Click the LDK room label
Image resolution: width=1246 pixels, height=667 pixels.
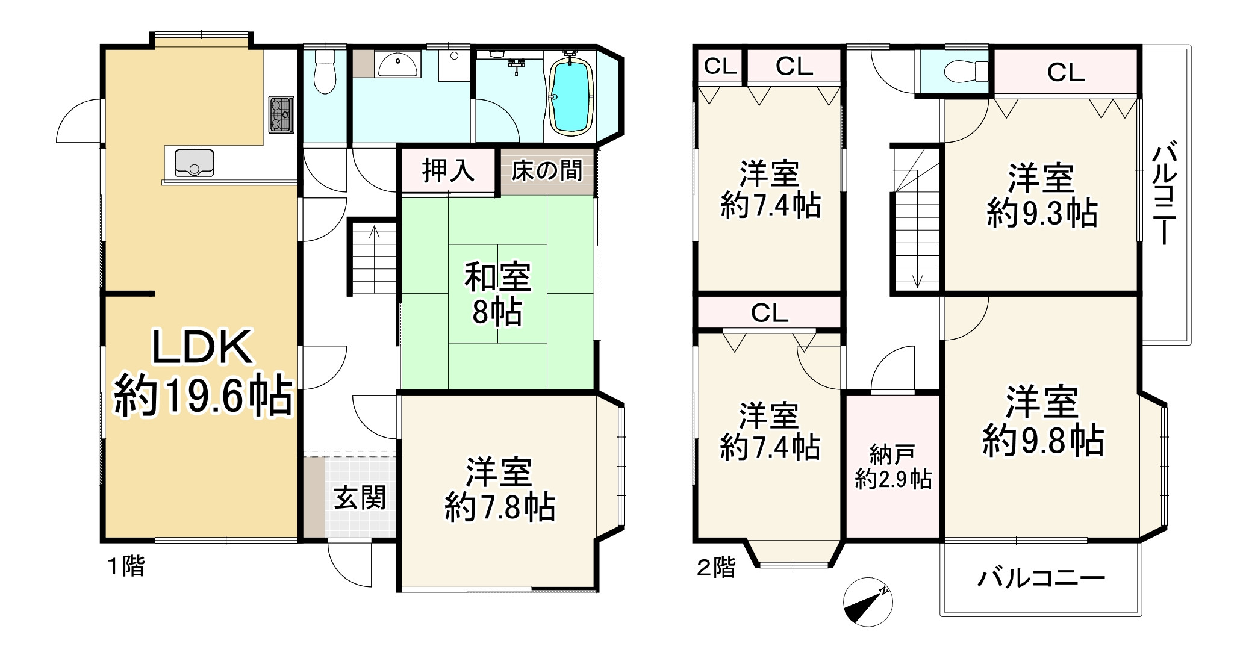[x=201, y=348]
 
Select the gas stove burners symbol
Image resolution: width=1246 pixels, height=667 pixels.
[x=281, y=114]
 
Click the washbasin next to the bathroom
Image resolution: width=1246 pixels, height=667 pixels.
[x=397, y=64]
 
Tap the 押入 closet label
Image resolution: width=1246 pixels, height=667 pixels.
[x=448, y=170]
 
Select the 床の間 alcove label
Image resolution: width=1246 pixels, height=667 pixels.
[x=547, y=170]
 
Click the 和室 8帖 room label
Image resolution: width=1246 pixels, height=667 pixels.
[x=497, y=294]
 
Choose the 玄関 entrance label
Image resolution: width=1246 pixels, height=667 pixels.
[x=360, y=498]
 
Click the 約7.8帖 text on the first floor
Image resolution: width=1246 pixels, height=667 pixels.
[x=500, y=507]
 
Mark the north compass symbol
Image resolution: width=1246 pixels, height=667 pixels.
[x=868, y=602]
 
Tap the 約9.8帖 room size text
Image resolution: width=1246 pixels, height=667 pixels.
[x=1043, y=441]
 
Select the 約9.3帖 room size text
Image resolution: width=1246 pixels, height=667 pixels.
[x=1042, y=213]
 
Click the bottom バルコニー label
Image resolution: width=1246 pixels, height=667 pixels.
[x=1041, y=579]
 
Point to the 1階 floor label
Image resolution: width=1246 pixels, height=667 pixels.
[x=126, y=566]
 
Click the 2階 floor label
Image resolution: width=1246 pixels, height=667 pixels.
[x=716, y=567]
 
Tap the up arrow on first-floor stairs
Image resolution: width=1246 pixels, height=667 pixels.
[x=374, y=231]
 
